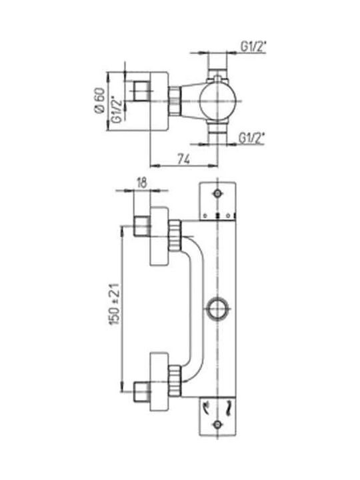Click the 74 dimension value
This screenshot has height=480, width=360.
pyautogui.click(x=184, y=159)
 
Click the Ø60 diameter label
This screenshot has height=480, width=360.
pyautogui.click(x=100, y=101)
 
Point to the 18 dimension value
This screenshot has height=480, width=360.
pyautogui.click(x=142, y=183)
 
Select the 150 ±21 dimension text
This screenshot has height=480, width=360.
pyautogui.click(x=114, y=304)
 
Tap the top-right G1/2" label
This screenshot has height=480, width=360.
pyautogui.click(x=253, y=47)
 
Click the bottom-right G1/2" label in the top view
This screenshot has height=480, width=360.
pyautogui.click(x=251, y=139)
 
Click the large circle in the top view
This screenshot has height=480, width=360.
pyautogui.click(x=217, y=101)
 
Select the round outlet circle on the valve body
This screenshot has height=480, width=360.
pyautogui.click(x=217, y=309)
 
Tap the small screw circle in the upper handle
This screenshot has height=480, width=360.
pyautogui.click(x=217, y=193)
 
